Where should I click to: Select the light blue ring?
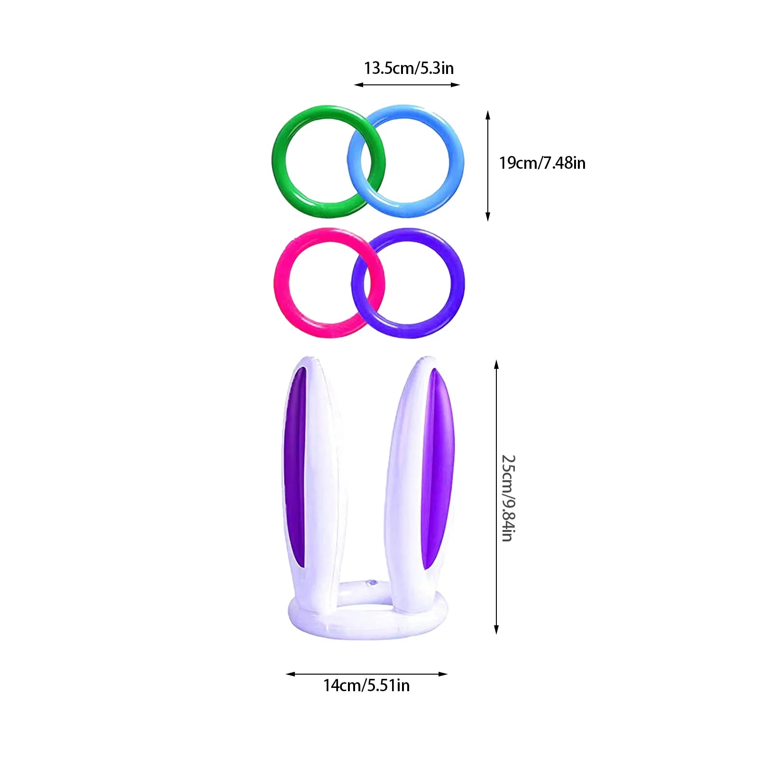pos(456,161)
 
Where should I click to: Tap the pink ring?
pos(282,283)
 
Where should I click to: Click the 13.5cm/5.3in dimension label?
pos(409,68)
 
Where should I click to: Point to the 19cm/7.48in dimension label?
pos(542,163)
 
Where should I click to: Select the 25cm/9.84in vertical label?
pos(508,498)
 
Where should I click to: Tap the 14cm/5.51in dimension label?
pos(366,686)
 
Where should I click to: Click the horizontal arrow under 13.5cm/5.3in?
pos(407,85)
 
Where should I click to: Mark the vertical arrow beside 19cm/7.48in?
pos(488,166)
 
